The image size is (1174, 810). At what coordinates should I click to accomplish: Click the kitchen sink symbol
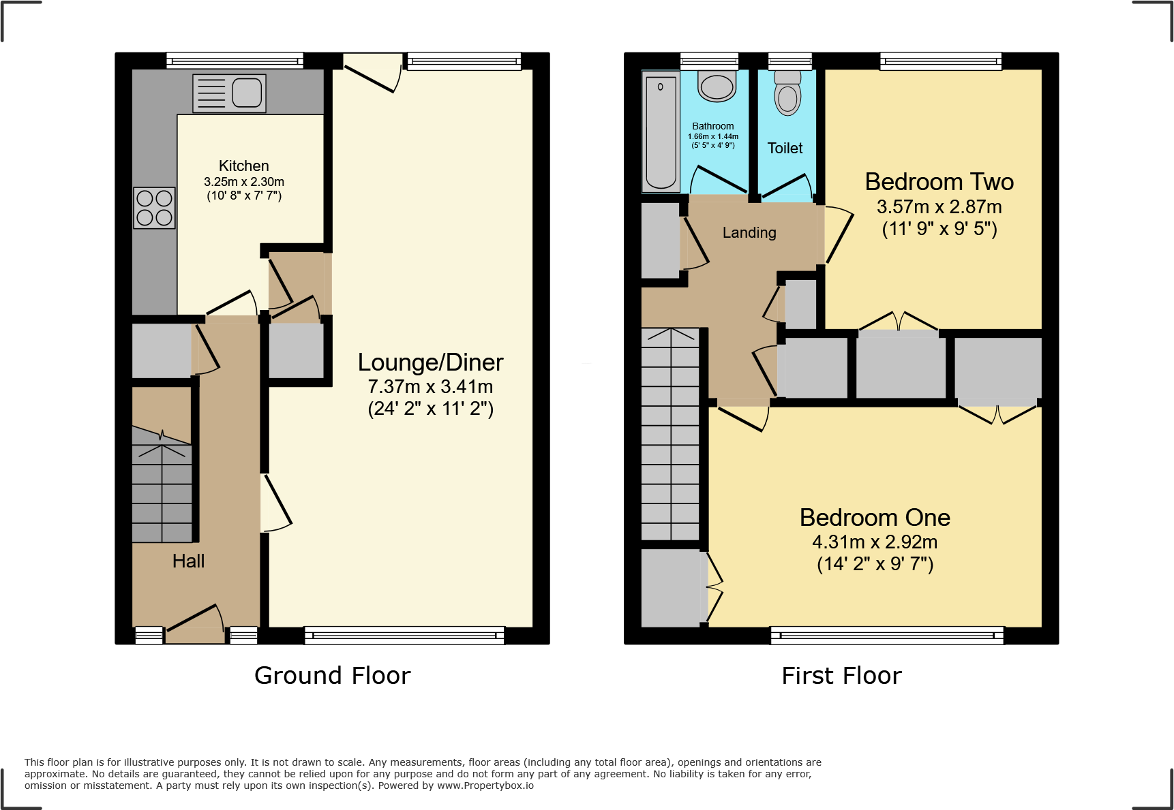tap(230, 93)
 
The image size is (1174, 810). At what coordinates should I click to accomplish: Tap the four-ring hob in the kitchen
tap(154, 208)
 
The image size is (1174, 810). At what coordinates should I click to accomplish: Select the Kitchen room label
tap(243, 166)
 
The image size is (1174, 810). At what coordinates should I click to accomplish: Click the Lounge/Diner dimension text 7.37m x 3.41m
tap(430, 386)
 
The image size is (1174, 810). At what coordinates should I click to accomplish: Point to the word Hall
tap(188, 561)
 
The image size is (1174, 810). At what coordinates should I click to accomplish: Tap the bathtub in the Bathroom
tap(661, 132)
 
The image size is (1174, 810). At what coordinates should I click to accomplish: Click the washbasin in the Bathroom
tap(717, 86)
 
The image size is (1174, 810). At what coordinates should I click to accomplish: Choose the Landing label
tap(749, 232)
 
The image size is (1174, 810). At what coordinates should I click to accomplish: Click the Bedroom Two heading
tap(939, 182)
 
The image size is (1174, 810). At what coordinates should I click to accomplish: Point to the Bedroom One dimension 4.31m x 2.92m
tap(875, 542)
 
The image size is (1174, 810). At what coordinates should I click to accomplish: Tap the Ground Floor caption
tap(332, 675)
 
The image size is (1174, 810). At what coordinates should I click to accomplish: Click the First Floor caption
tap(841, 675)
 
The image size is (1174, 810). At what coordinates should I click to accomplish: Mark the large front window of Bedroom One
tap(887, 635)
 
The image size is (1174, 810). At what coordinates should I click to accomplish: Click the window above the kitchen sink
tap(235, 61)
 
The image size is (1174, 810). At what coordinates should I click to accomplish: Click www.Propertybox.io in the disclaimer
tap(485, 785)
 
